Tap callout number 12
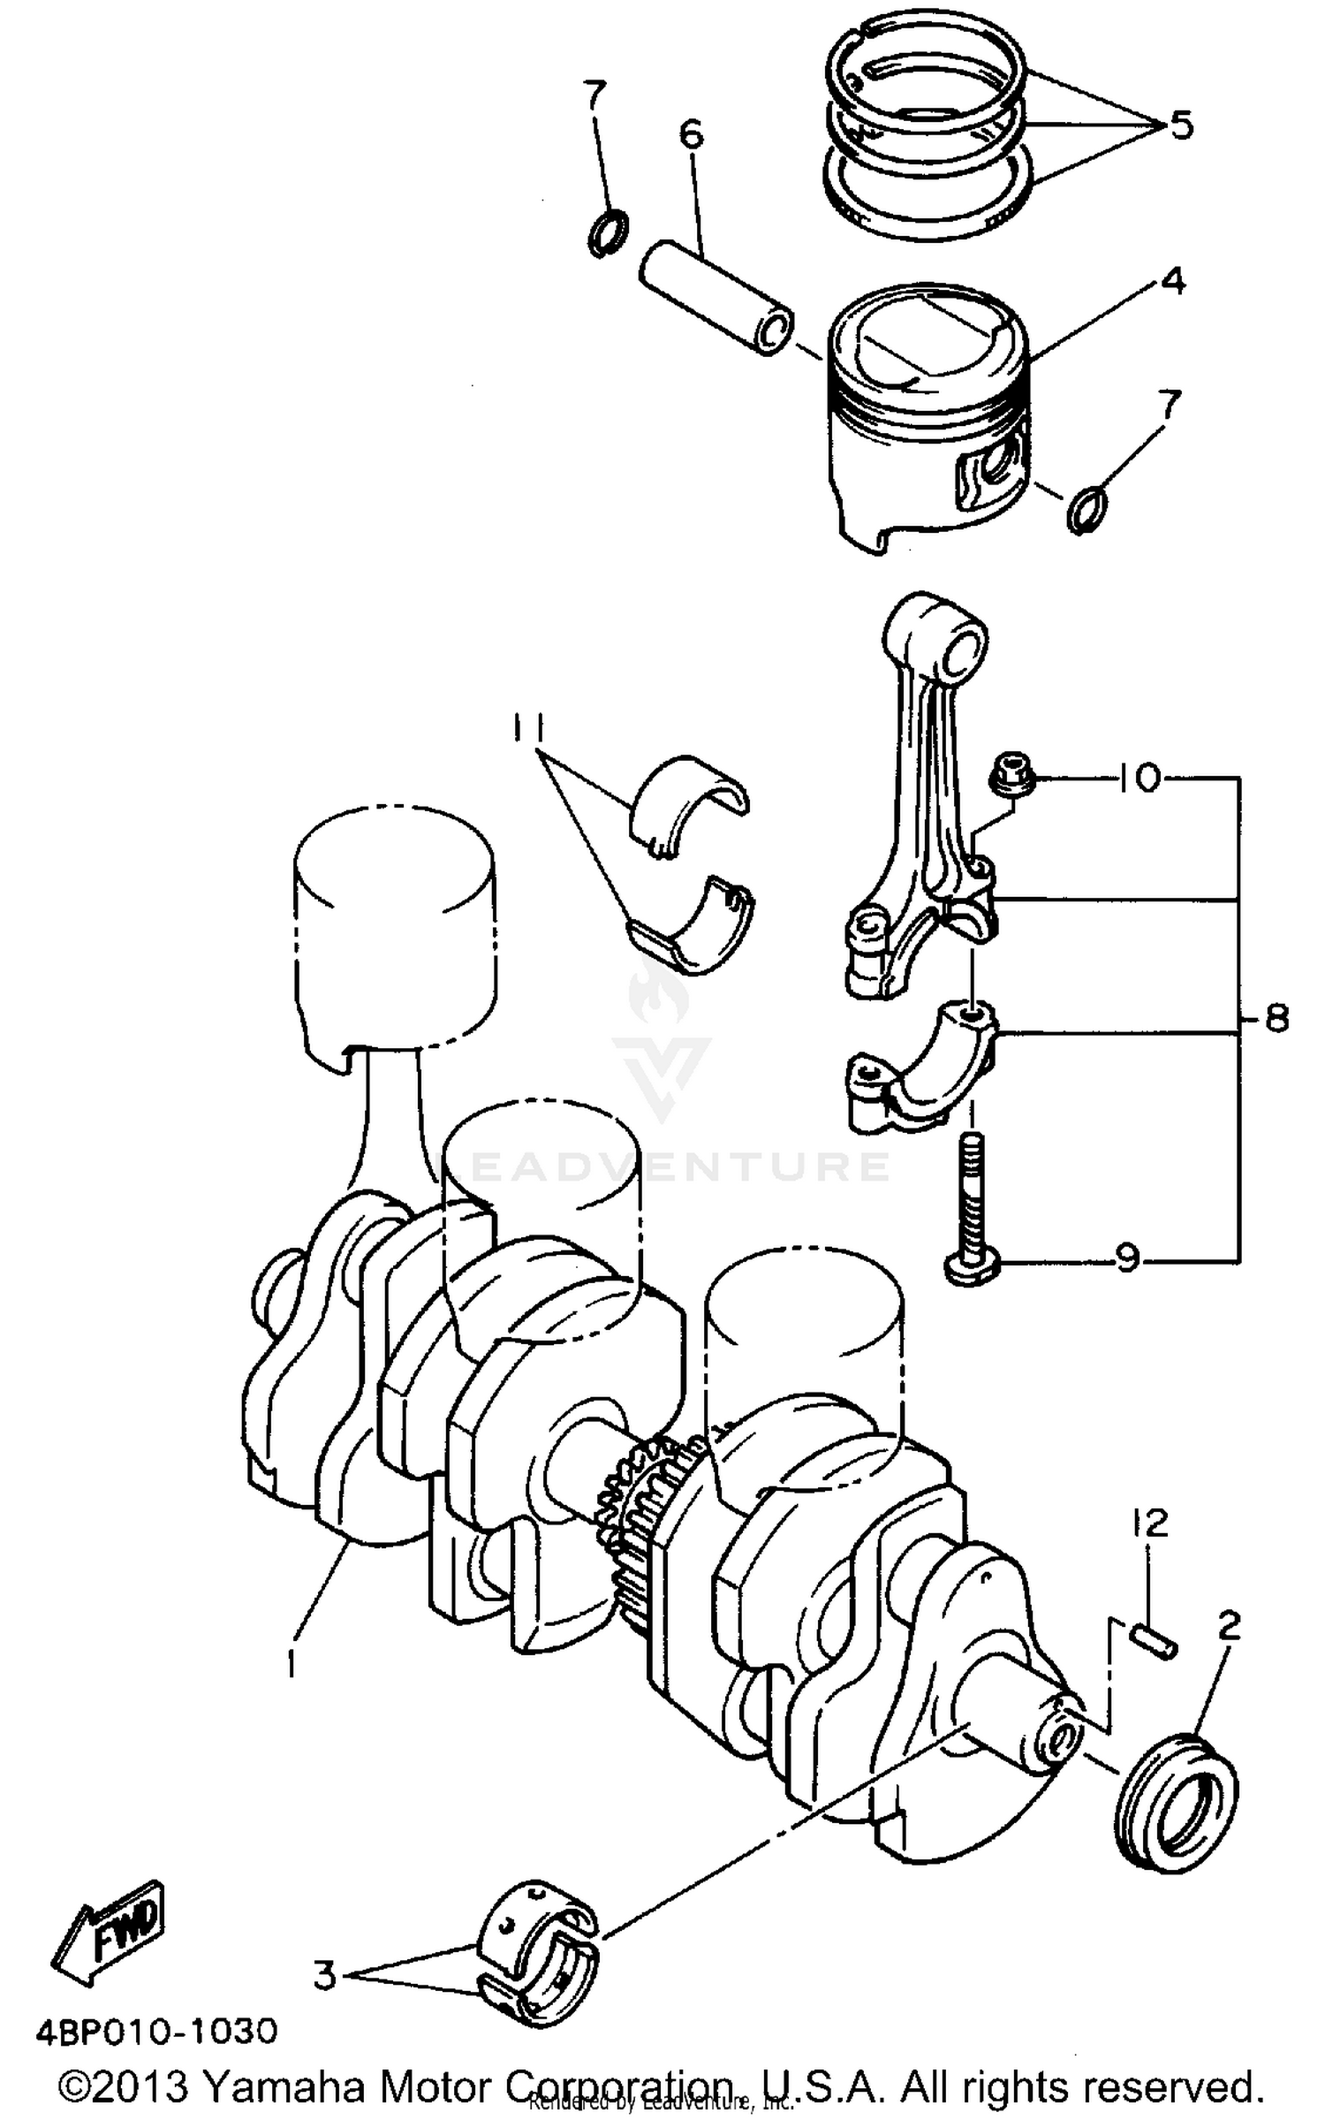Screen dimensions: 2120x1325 point(1147,1523)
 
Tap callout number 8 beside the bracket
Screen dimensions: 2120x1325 point(1276,1018)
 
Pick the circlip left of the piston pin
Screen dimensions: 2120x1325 point(608,232)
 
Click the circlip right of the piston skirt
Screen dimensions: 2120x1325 point(1086,510)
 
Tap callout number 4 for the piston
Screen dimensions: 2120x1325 point(1172,281)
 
